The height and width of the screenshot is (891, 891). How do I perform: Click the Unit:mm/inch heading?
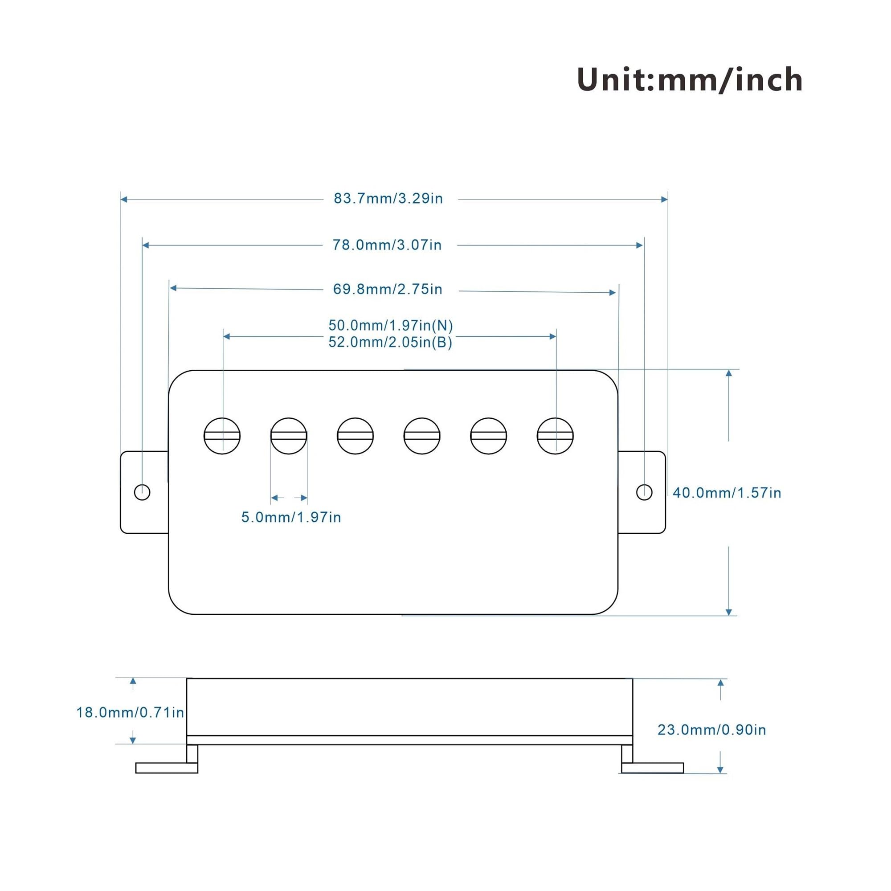(x=690, y=80)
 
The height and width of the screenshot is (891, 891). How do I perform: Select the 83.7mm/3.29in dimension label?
(x=388, y=199)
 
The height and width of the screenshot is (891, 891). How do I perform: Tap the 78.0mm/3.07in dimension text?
(x=388, y=245)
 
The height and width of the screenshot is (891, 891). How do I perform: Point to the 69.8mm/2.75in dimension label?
(x=388, y=290)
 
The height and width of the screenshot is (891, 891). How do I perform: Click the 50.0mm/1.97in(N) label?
(x=391, y=326)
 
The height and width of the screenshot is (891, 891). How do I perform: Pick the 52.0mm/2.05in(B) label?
(x=391, y=343)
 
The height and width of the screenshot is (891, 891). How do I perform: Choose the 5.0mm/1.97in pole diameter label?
(x=291, y=517)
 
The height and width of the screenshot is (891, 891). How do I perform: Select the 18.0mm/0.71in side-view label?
(x=131, y=712)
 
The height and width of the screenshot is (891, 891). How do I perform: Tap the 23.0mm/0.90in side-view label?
(x=712, y=730)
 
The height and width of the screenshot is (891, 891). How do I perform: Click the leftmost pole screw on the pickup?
(x=222, y=436)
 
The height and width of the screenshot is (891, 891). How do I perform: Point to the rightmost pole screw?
(x=555, y=436)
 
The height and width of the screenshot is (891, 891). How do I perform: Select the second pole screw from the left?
(x=289, y=436)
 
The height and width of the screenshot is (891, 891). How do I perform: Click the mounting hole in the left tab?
(x=142, y=493)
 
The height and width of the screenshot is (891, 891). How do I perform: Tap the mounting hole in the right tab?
(x=644, y=493)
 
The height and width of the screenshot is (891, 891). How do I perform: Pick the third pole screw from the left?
(x=355, y=436)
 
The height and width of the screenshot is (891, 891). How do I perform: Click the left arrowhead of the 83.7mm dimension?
(x=124, y=199)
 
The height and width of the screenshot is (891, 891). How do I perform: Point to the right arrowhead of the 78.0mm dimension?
(x=639, y=245)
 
